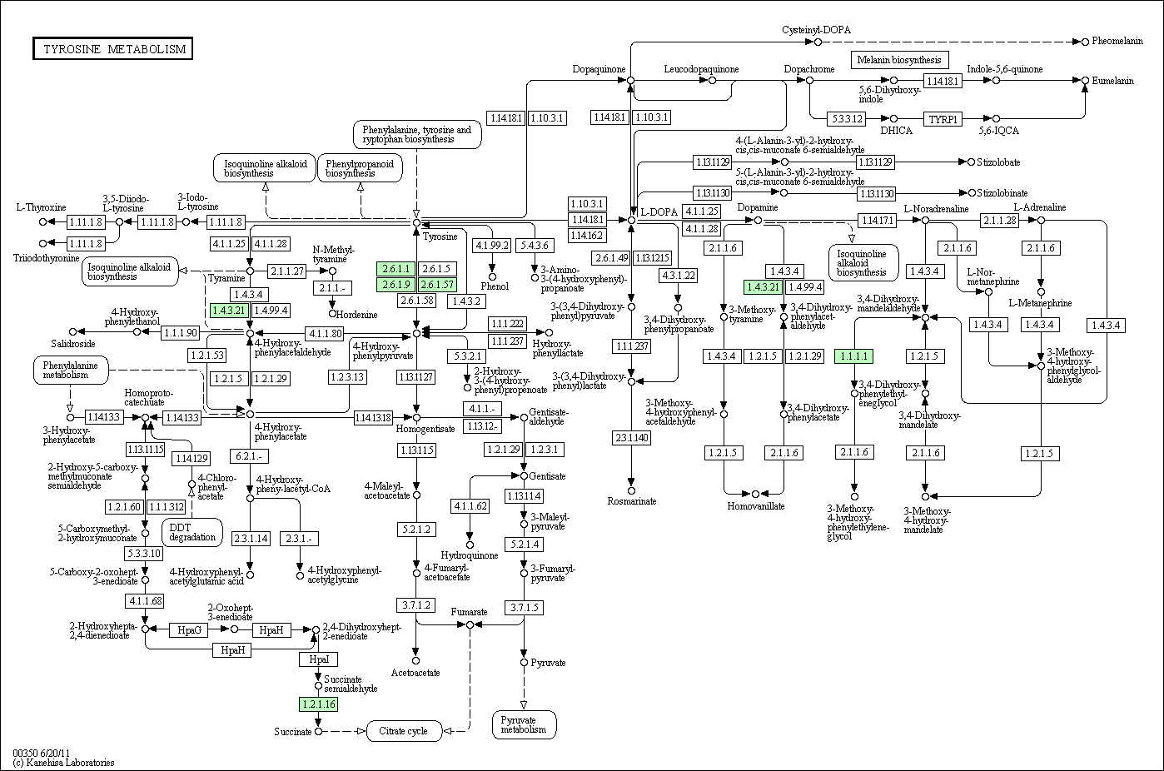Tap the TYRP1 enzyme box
pos(943,119)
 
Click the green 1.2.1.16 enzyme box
pos(317,704)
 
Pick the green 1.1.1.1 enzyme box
pos(854,356)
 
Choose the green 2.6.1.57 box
pos(439,285)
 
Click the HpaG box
pos(189,630)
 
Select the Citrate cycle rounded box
pos(403,731)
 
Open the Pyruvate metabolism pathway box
pos(524,724)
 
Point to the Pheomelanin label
pos(1117,41)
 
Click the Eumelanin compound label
pos(1113,81)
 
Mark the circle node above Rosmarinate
pos(631,491)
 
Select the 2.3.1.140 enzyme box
pos(631,438)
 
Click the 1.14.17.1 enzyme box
pos(878,221)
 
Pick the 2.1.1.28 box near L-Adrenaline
pos(1000,221)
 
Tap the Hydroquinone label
pos(470,555)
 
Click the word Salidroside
pos(73,344)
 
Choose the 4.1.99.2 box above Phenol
pos(492,246)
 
